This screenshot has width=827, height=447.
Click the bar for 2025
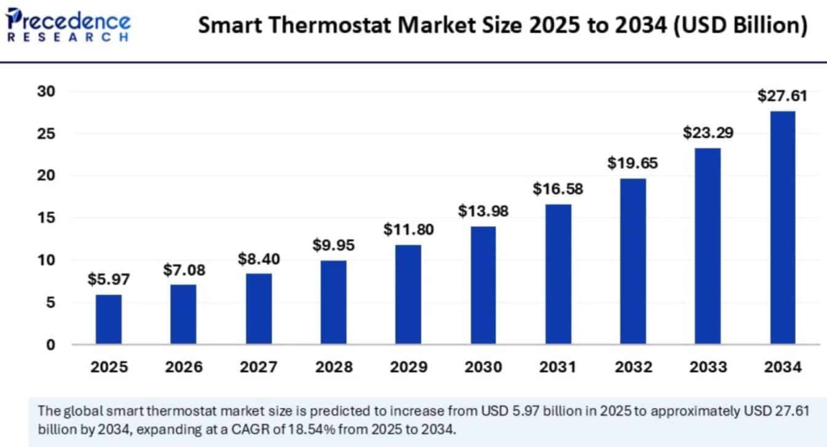click(108, 319)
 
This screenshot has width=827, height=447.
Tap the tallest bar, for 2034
click(782, 228)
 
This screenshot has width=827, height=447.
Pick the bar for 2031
click(557, 275)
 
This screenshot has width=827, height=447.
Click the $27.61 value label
click(782, 96)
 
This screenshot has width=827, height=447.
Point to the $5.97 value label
click(108, 280)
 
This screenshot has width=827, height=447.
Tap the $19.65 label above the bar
click(632, 162)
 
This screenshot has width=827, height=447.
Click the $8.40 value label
click(258, 259)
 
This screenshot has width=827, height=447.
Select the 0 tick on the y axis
click(51, 345)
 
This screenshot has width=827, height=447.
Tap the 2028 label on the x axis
click(333, 368)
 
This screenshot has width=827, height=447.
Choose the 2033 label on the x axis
click(707, 368)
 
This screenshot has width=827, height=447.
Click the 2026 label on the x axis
click(183, 368)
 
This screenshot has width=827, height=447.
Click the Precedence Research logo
click(69, 24)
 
